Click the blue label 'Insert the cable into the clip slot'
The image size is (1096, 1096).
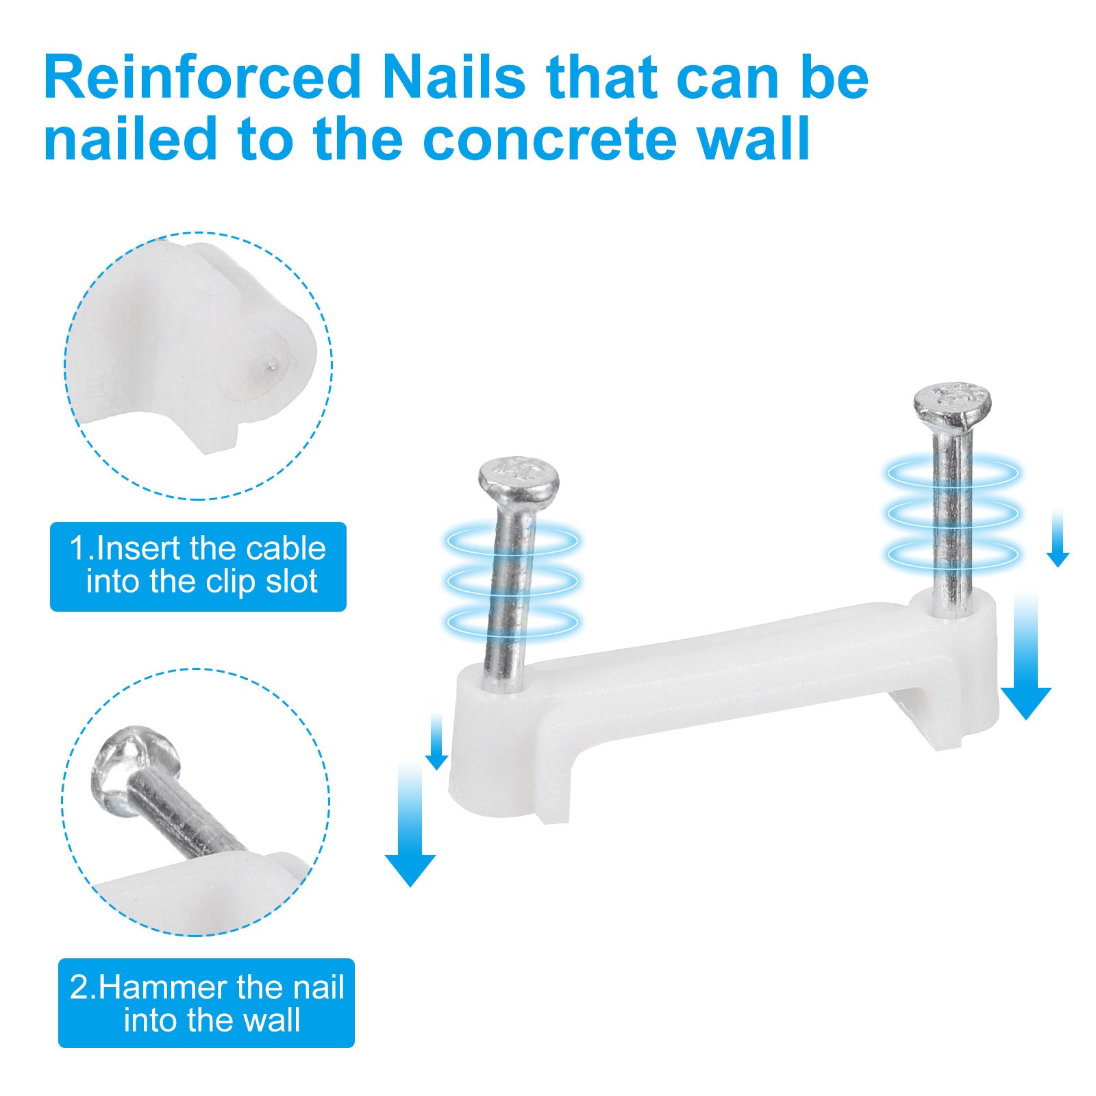pyautogui.click(x=198, y=566)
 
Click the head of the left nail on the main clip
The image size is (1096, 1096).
pyautogui.click(x=519, y=478)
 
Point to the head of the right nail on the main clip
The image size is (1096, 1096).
pyautogui.click(x=952, y=406)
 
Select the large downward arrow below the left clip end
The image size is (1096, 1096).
pyautogui.click(x=410, y=825)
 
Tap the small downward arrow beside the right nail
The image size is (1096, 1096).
pyautogui.click(x=1058, y=538)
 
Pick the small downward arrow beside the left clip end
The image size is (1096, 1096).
pyautogui.click(x=436, y=740)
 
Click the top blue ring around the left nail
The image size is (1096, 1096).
pyautogui.click(x=512, y=541)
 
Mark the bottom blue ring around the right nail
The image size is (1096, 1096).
pyautogui.click(x=952, y=553)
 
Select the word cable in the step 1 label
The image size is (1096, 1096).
pyautogui.click(x=286, y=549)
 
